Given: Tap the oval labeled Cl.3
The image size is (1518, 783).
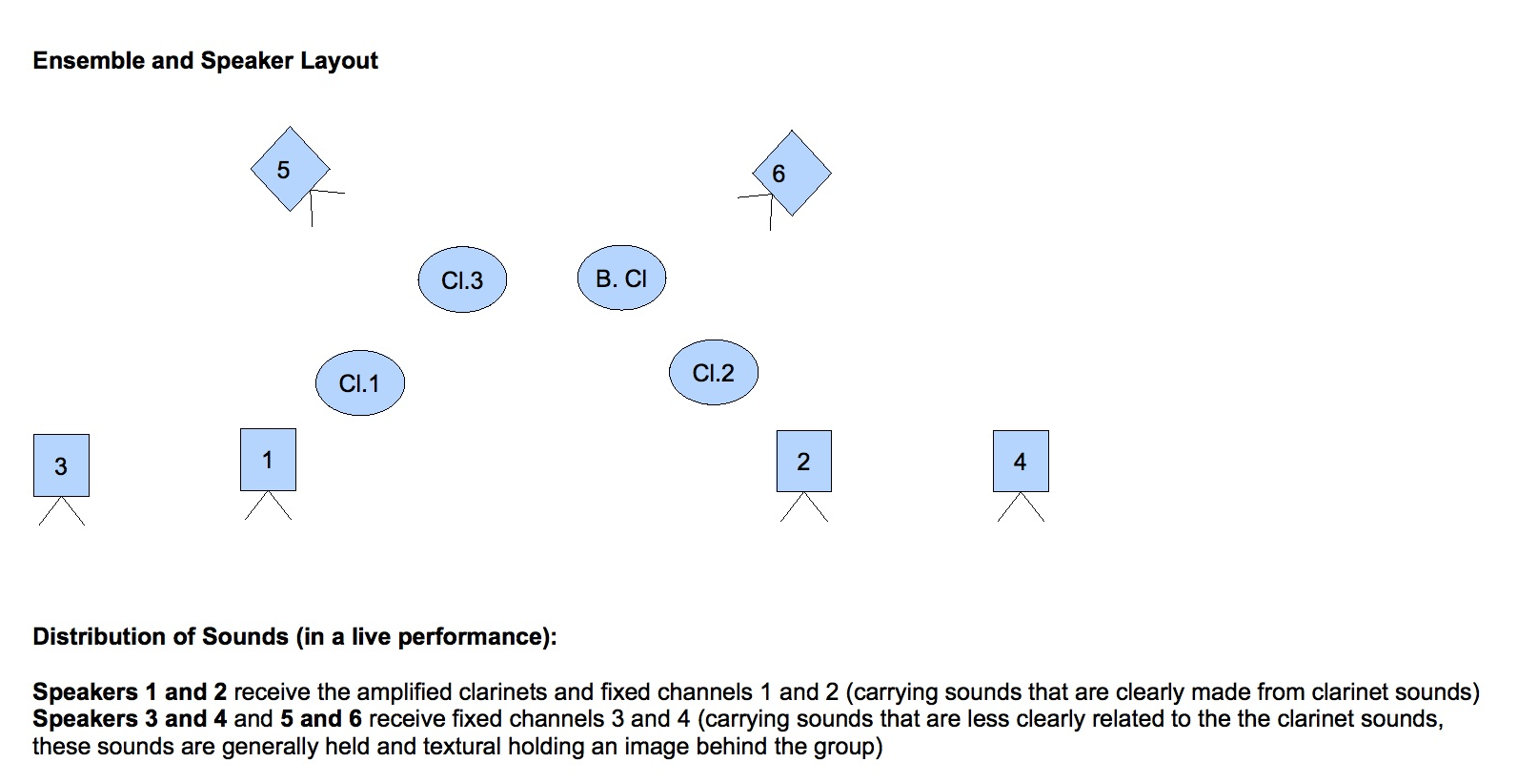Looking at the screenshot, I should coord(462,279).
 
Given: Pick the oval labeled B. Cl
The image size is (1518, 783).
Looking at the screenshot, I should coord(621,278).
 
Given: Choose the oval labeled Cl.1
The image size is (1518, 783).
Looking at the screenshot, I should coord(359,382).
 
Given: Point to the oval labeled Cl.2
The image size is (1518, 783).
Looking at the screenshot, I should coord(714,372).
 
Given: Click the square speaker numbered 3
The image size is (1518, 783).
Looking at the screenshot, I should coord(61,465).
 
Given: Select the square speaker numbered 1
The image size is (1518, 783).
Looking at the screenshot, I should coord(268,460).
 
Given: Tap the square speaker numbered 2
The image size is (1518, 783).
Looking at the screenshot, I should coord(803,462).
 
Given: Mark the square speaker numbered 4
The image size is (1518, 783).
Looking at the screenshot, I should coord(1021,462).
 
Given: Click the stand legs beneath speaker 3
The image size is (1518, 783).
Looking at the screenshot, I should coord(61,512).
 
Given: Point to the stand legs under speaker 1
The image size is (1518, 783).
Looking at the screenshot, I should coord(268,506).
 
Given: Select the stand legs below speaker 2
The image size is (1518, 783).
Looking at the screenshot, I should coord(803,507).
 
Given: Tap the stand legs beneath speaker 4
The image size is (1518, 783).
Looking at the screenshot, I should coord(1021,507).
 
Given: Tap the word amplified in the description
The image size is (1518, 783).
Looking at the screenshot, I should coord(408,691).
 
